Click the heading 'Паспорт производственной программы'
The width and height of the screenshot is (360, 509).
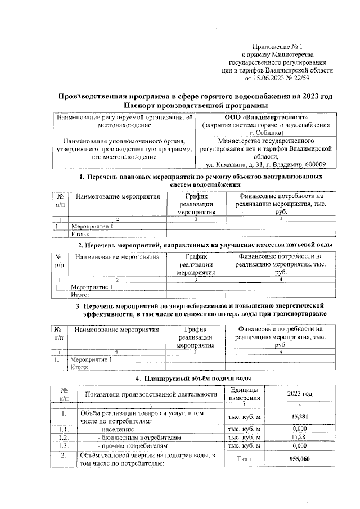(x=195, y=106)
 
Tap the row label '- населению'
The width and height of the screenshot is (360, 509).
(x=115, y=428)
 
